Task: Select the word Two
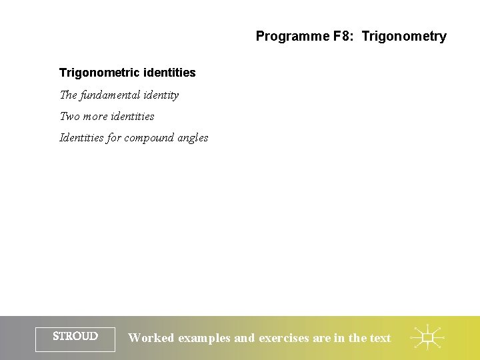(x=69, y=117)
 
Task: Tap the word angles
(x=193, y=138)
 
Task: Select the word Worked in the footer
(x=151, y=338)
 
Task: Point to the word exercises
(x=284, y=338)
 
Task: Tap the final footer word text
(x=380, y=338)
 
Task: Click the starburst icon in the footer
(x=427, y=337)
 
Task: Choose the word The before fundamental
(x=69, y=95)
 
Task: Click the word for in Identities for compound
(x=114, y=138)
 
